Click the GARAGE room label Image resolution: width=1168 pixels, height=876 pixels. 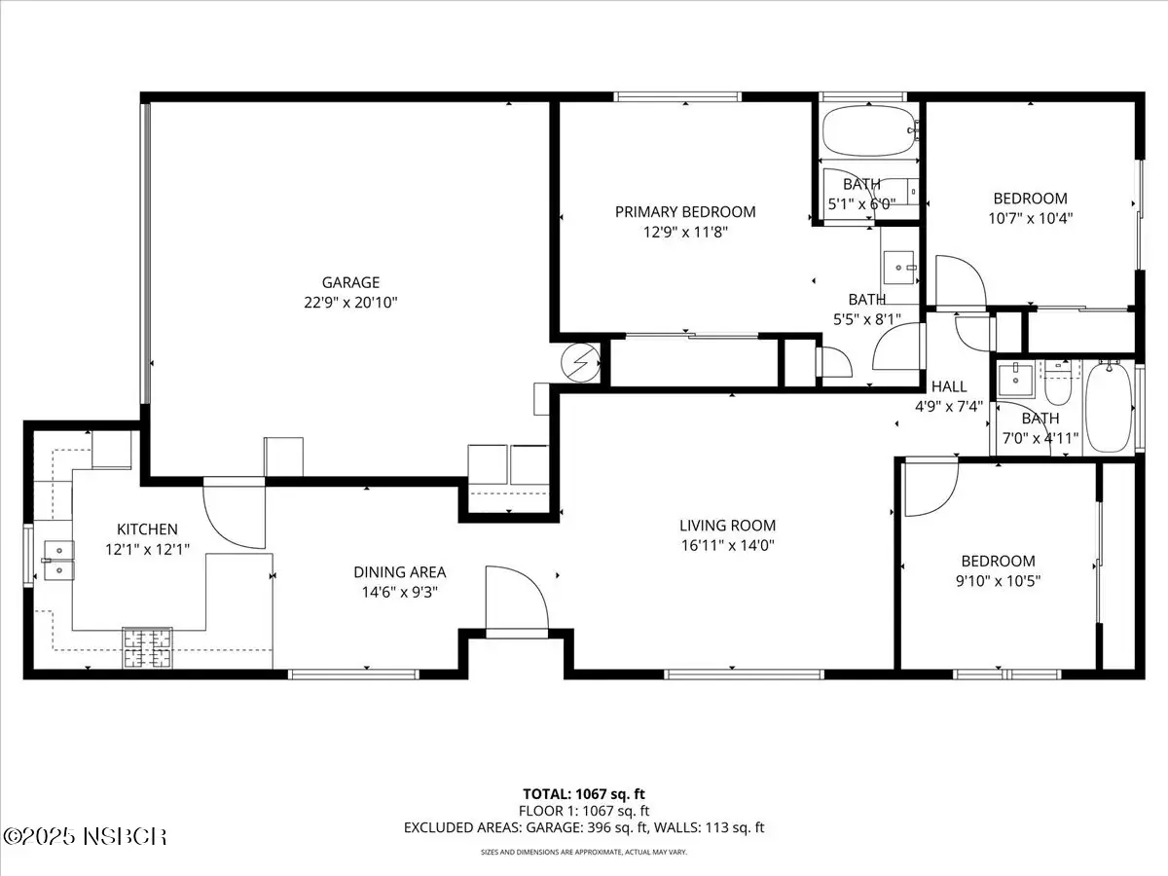(350, 282)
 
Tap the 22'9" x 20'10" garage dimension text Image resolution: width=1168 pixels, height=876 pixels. (350, 303)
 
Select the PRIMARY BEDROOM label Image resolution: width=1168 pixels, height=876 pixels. (685, 212)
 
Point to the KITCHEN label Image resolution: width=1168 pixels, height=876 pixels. (147, 529)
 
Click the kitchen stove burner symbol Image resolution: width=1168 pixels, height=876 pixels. (147, 647)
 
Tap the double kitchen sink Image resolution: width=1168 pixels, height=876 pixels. (59, 560)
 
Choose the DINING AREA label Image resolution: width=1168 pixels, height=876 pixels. (400, 572)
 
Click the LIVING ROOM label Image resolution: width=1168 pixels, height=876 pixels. (727, 526)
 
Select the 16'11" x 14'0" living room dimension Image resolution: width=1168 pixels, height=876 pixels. (727, 546)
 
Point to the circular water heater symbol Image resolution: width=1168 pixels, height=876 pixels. (580, 363)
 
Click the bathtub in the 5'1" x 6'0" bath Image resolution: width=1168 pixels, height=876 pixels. (869, 130)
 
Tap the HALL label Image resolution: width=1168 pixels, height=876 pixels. (949, 386)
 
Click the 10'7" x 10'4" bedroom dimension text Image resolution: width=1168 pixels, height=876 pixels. (1030, 219)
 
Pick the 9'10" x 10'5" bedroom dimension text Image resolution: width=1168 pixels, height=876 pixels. (998, 581)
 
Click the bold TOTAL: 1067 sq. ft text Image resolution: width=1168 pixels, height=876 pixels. (584, 794)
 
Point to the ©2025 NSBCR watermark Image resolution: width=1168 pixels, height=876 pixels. (85, 837)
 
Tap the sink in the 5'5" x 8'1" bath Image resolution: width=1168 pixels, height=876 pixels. (899, 268)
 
